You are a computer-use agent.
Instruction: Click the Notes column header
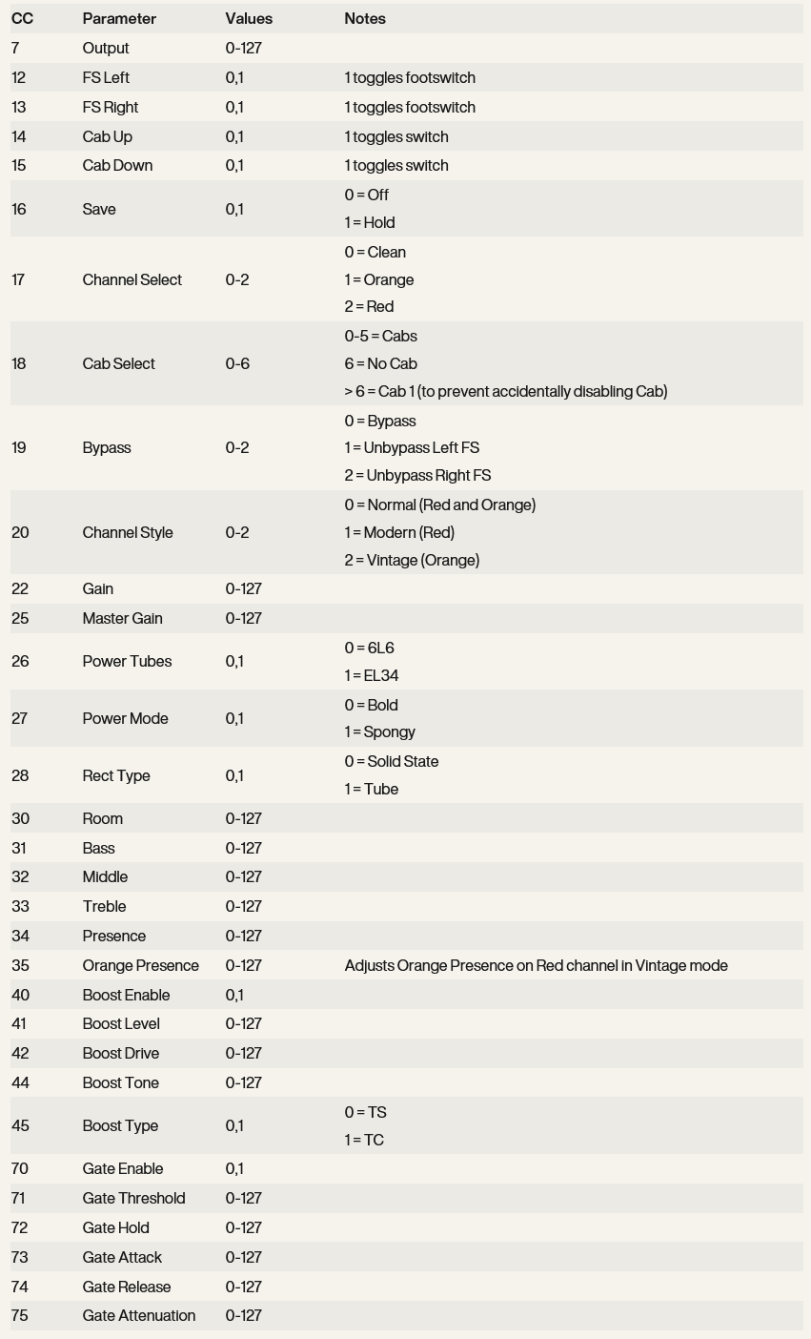(x=365, y=19)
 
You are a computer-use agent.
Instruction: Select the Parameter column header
(x=119, y=19)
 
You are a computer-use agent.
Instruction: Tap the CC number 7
(x=15, y=49)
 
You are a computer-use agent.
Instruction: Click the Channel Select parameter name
(x=132, y=280)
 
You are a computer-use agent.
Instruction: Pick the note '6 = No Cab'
(x=380, y=364)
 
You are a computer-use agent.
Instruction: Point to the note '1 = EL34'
(x=372, y=676)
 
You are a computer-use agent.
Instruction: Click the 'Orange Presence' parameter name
(x=140, y=966)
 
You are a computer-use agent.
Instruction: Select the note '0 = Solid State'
(x=392, y=762)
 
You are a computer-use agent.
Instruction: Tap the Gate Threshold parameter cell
(x=133, y=1199)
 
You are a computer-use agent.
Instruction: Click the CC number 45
(x=20, y=1126)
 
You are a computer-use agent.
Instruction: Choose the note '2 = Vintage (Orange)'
(x=412, y=561)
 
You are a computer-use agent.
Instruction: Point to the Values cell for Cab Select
(x=237, y=364)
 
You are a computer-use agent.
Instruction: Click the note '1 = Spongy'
(x=379, y=732)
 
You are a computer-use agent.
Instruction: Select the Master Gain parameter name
(x=122, y=619)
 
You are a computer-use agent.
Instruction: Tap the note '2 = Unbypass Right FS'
(x=417, y=476)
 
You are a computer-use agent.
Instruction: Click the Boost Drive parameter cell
(x=120, y=1054)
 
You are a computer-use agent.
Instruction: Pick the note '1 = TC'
(x=364, y=1141)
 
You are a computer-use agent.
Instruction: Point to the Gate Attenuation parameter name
(x=138, y=1316)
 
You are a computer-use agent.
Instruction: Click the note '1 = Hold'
(x=370, y=223)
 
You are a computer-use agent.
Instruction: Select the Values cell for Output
(x=243, y=49)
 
